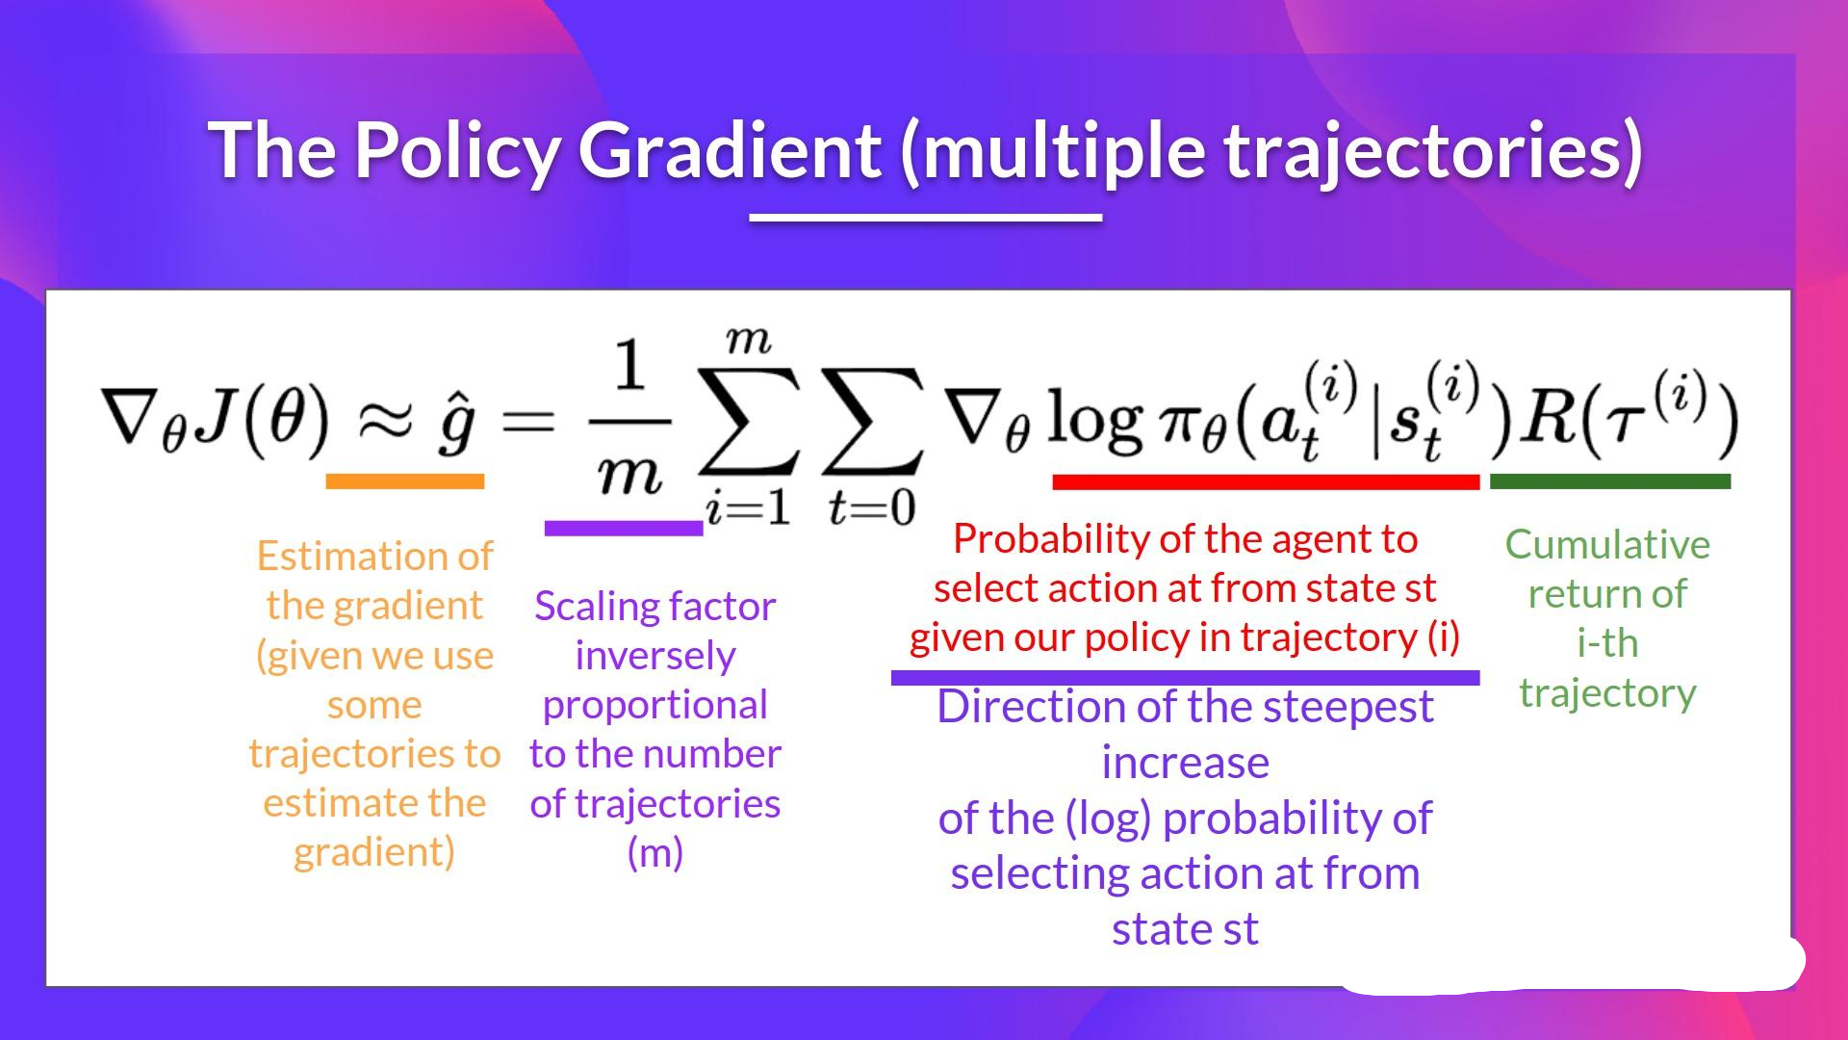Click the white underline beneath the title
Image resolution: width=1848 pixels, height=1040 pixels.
click(x=926, y=218)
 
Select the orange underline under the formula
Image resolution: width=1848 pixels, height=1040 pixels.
click(x=405, y=481)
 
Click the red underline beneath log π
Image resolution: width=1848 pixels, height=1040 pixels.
click(x=1267, y=481)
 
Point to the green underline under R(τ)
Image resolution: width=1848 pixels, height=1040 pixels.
click(x=1610, y=481)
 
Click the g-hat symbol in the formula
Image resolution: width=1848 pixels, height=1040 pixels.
click(x=455, y=424)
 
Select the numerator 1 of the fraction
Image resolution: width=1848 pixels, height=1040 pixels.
click(x=629, y=366)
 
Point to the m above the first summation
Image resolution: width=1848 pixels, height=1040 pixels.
click(x=749, y=340)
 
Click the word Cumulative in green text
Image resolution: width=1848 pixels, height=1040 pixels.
click(x=1607, y=545)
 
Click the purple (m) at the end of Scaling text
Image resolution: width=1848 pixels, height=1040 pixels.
click(x=655, y=853)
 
